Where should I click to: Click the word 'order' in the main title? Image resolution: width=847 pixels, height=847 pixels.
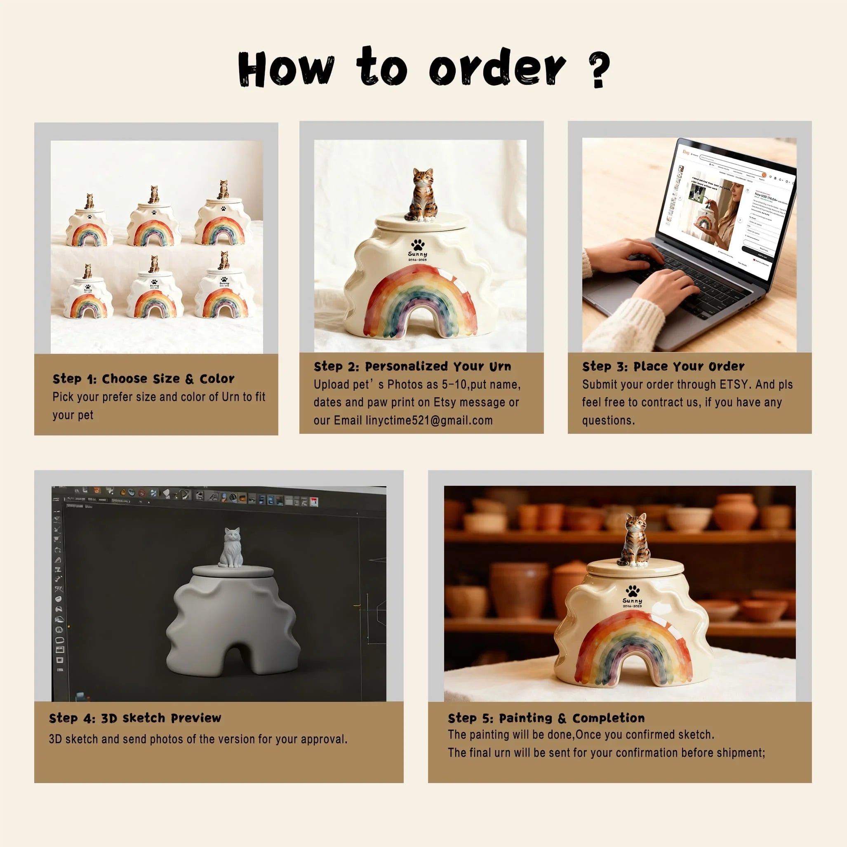point(497,68)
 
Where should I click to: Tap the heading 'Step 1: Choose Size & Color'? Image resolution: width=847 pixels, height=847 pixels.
point(144,379)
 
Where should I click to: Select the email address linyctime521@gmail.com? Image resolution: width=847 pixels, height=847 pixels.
point(429,421)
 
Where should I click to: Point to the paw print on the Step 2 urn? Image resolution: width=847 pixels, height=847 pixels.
point(418,245)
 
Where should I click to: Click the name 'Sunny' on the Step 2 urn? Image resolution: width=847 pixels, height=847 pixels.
point(417,254)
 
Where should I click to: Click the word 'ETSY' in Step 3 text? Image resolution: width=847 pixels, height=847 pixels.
point(734,384)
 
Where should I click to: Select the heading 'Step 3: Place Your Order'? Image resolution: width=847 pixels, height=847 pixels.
point(663,367)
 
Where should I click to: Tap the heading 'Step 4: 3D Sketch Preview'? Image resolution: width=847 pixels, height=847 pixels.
point(135,718)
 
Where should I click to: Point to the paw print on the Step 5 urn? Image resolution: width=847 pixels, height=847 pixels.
point(632,590)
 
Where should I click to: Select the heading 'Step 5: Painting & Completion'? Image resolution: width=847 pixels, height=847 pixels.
point(546,718)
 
